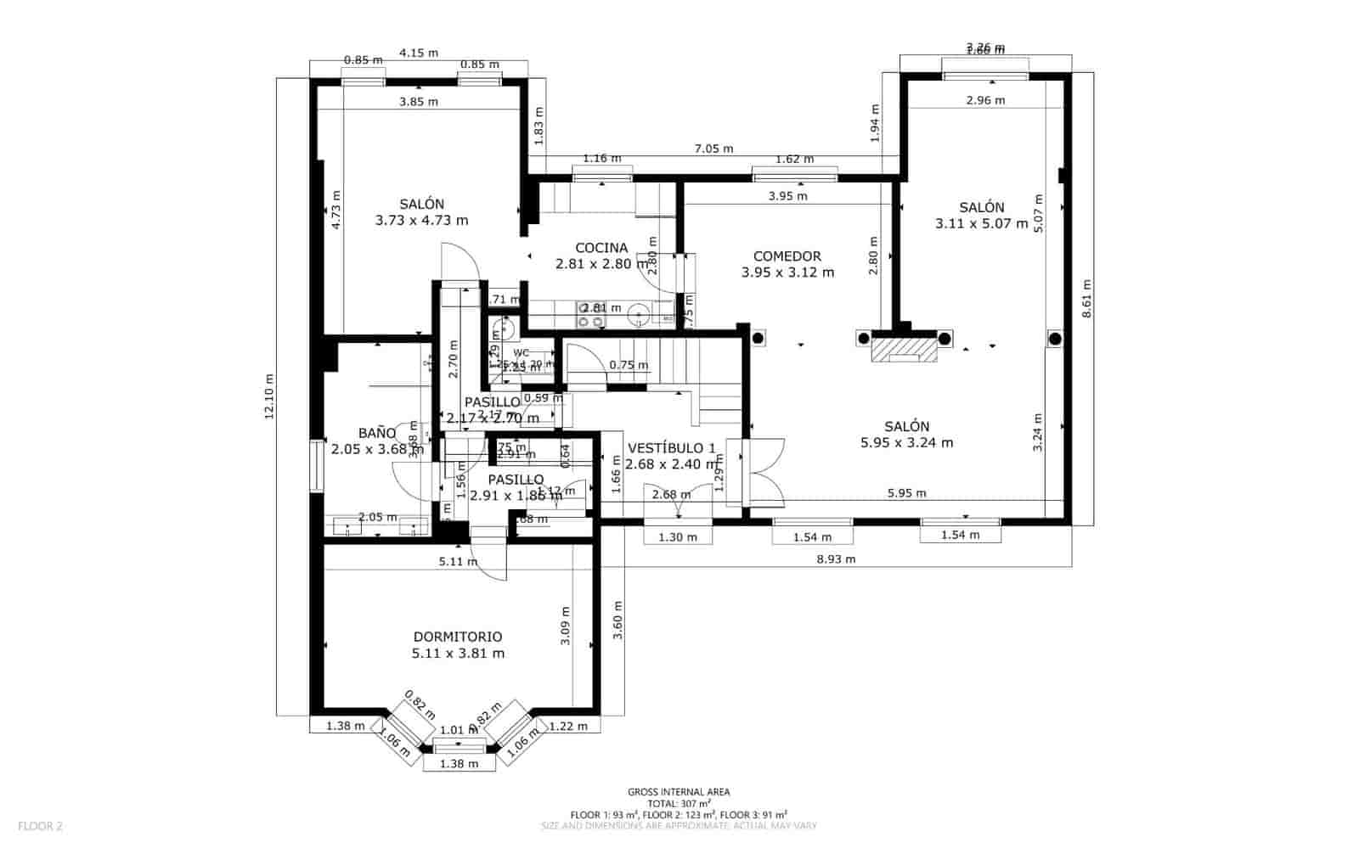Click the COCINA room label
(601, 248)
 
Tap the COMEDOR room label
(787, 256)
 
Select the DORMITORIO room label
(458, 637)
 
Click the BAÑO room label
(376, 433)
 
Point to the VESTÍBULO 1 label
(671, 448)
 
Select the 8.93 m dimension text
(836, 559)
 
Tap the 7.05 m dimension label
(713, 149)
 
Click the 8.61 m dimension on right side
(1086, 299)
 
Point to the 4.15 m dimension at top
(419, 53)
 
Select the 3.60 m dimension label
(618, 621)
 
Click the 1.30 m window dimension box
(677, 536)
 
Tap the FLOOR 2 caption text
(40, 825)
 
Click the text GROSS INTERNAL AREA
(679, 792)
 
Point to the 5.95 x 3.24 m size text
(906, 442)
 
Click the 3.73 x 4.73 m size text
(421, 220)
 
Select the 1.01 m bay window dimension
(459, 730)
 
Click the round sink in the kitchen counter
(639, 317)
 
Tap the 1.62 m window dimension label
(794, 159)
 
